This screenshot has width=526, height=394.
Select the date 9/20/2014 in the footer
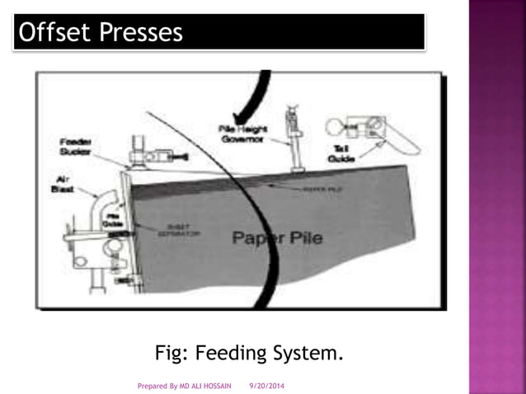click(266, 385)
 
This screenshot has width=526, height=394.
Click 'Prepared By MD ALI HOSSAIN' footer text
click(182, 385)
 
